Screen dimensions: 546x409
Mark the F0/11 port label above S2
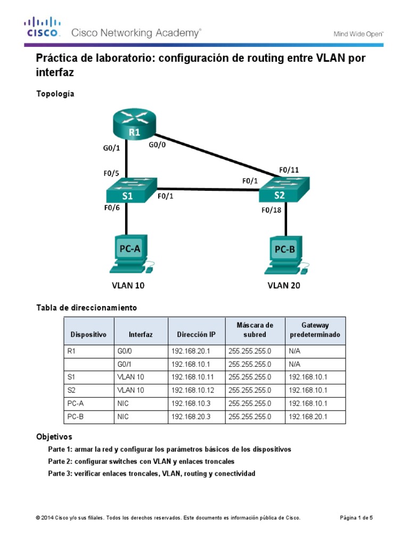coord(289,170)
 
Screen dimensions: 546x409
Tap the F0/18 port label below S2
coord(271,210)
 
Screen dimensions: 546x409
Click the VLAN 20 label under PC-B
coord(283,286)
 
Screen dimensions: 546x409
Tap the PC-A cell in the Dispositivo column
coord(77,404)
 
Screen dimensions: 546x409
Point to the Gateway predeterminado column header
coord(315,330)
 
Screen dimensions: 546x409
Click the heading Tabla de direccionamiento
coord(86,308)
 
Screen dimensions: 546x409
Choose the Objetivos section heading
coord(54,436)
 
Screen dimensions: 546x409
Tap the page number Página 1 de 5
coord(356,518)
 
